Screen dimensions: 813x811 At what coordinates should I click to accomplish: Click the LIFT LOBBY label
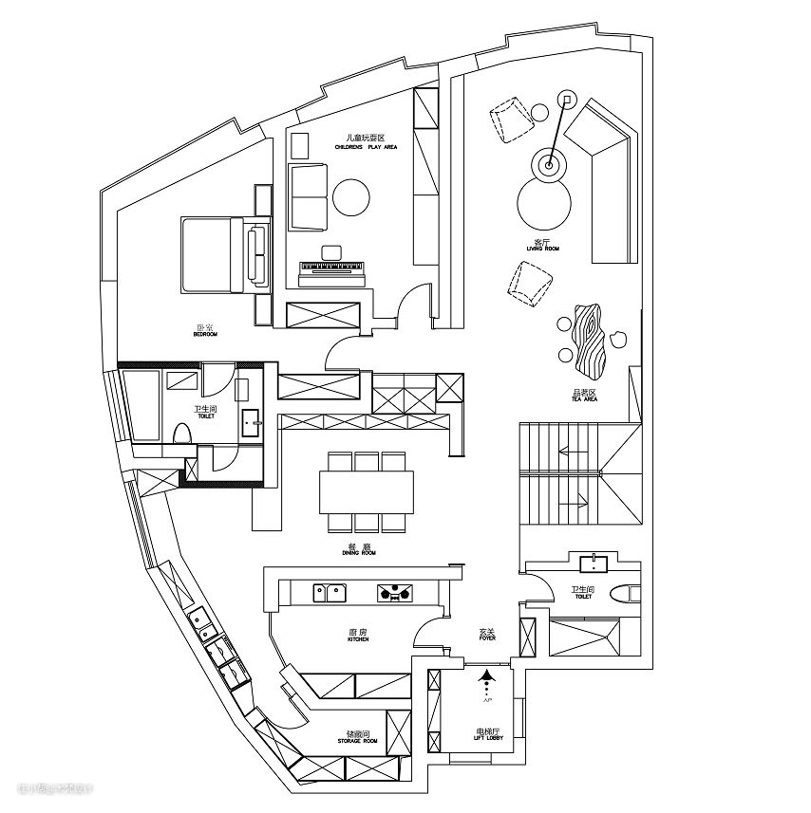click(488, 734)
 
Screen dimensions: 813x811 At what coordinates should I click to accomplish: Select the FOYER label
click(487, 635)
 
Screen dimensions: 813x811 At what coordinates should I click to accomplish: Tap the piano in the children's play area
click(332, 272)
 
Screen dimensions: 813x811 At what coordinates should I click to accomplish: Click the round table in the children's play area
click(351, 199)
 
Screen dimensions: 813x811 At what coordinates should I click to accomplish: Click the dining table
click(368, 491)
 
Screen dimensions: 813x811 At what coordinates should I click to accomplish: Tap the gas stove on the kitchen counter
click(396, 594)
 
